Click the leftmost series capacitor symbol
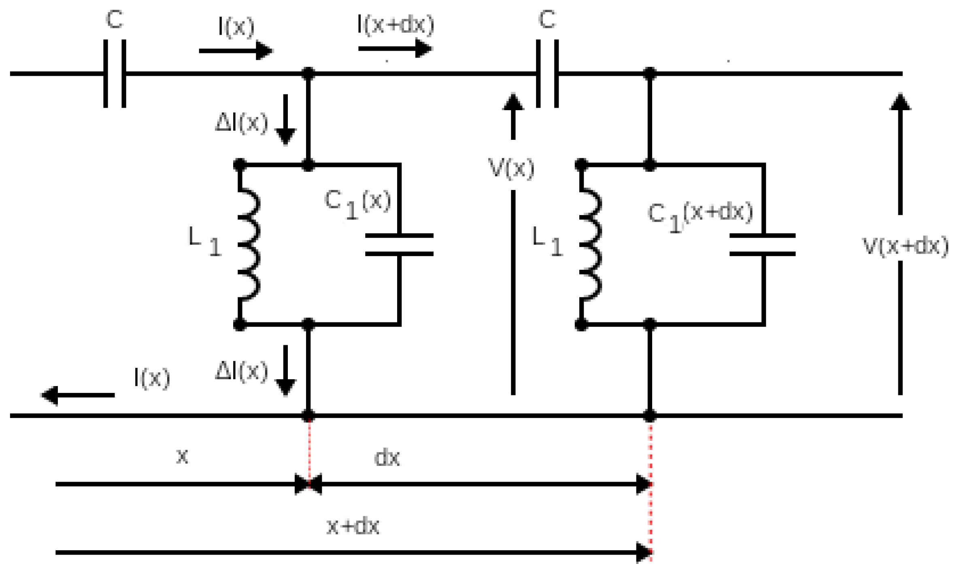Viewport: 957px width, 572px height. (x=115, y=74)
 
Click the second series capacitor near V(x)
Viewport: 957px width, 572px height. (x=547, y=74)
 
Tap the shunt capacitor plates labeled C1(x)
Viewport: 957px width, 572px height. (x=399, y=245)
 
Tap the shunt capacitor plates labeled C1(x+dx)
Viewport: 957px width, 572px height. (x=763, y=245)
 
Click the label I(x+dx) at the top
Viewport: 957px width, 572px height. (x=396, y=25)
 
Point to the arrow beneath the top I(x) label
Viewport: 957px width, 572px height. (x=236, y=51)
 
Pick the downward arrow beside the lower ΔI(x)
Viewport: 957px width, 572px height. (x=285, y=371)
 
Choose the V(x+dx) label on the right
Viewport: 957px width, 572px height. (x=906, y=246)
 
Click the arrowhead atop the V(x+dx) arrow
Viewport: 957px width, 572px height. (x=900, y=102)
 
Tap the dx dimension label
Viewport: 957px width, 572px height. (x=387, y=458)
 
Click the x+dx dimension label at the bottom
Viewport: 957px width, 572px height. (x=353, y=527)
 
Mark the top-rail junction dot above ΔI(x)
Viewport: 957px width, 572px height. (x=308, y=74)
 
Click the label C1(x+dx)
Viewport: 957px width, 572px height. (x=700, y=216)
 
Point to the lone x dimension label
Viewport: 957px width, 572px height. (x=182, y=457)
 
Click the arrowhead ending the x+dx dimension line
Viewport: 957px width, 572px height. (x=644, y=553)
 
